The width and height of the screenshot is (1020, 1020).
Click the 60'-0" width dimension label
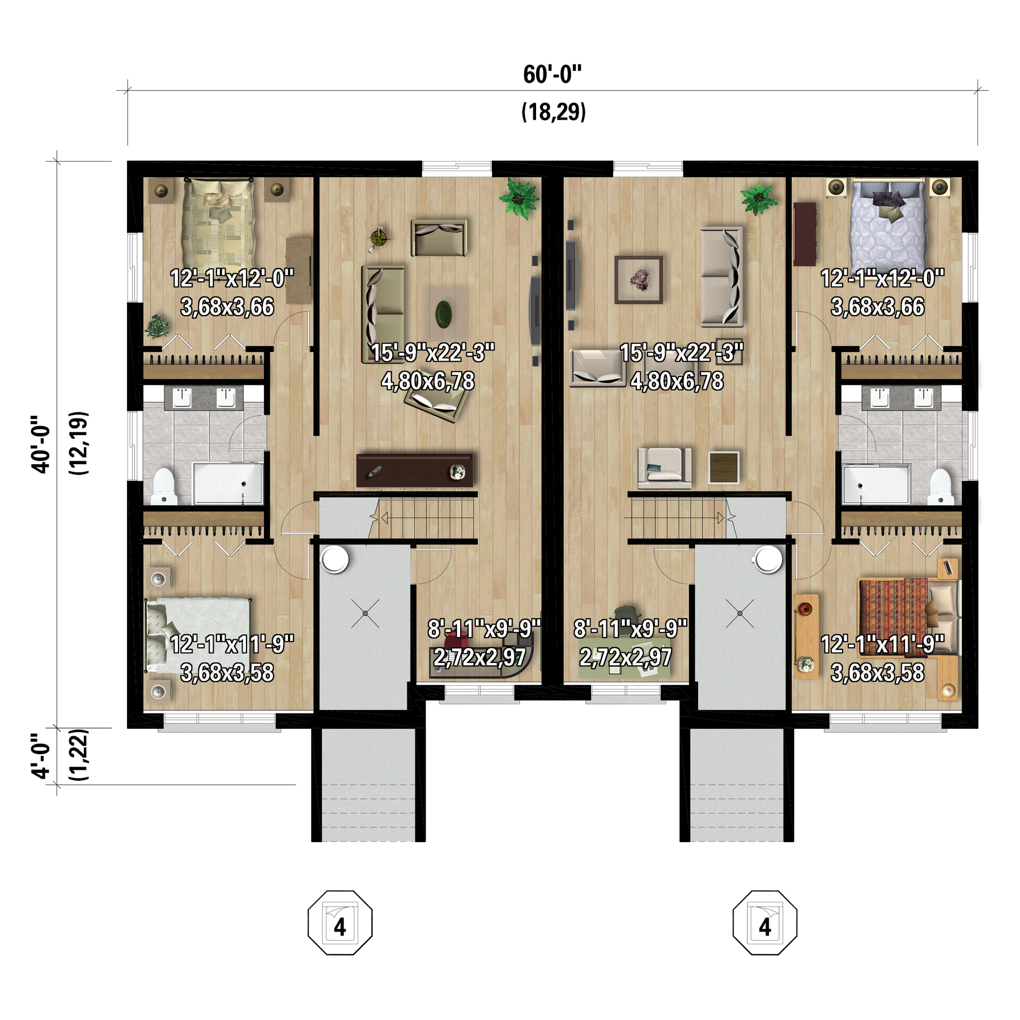552,75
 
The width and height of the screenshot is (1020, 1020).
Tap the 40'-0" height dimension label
41,444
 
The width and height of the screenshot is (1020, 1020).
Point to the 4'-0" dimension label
41,756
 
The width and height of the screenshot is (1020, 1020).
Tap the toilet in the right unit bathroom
941,486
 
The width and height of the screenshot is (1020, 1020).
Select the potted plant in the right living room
758,198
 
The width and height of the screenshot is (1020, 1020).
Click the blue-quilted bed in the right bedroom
889,227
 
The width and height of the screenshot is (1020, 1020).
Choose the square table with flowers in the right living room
639,280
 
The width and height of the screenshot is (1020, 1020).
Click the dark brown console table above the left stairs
414,470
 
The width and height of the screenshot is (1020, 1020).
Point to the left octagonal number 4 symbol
340,923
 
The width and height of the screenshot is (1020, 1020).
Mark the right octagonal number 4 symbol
765,923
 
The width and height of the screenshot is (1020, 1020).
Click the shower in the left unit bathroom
228,483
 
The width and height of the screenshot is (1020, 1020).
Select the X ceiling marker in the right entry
740,613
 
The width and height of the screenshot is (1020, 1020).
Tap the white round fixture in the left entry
335,559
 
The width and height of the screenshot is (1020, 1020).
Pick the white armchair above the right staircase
665,468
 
